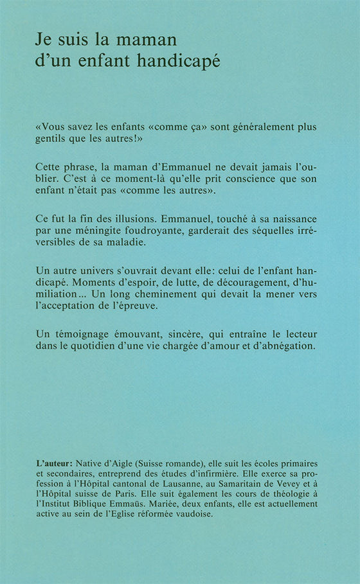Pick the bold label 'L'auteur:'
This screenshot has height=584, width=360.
(54, 463)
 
